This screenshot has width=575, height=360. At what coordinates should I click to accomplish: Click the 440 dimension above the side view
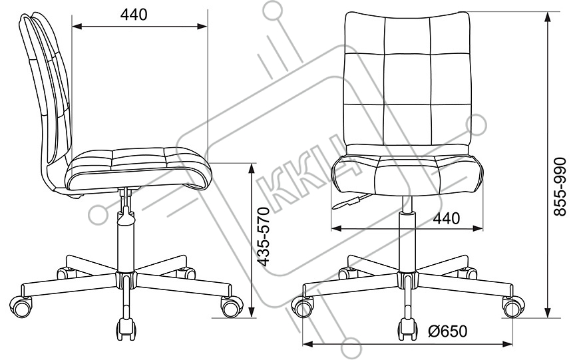coord(134,15)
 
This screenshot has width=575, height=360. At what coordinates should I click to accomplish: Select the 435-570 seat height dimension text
coord(264,236)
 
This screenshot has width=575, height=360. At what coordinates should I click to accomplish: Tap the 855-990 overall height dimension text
coord(560,187)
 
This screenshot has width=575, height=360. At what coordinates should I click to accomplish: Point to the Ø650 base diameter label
coord(447,331)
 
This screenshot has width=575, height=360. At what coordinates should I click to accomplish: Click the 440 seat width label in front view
coord(447,218)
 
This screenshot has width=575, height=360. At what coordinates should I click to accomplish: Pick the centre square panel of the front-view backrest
coord(407,79)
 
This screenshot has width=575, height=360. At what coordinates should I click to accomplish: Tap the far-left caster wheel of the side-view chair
coord(21,305)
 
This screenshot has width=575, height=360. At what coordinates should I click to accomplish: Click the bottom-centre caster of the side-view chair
coord(126,327)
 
